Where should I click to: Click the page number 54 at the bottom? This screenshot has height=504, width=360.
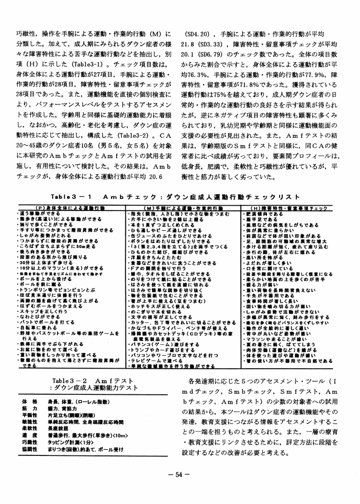click(x=179, y=474)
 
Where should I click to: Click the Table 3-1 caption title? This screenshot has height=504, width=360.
click(x=176, y=197)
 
